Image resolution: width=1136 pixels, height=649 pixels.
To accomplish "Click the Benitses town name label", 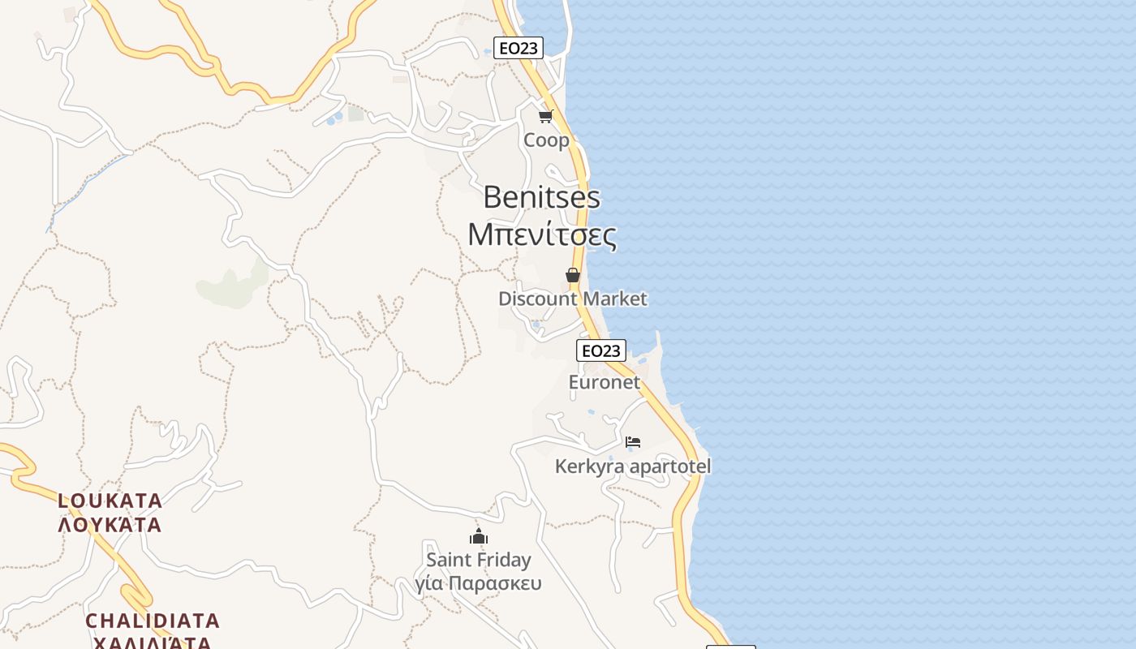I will pos(541,197).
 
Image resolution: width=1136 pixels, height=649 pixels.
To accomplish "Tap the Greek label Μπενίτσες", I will pos(541,234).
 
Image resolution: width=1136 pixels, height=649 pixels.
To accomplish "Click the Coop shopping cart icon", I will pos(546,116).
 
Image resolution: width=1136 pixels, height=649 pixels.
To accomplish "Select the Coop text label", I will pos(546,140).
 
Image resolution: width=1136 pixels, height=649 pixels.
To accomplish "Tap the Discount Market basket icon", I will pos(573,275).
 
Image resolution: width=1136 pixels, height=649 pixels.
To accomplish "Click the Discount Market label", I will pos(572,299).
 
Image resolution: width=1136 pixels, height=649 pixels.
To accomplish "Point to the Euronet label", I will pos(605,382).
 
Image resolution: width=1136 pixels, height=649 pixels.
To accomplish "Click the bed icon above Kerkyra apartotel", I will pos(633,442).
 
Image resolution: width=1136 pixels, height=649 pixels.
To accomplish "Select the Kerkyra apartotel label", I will pos(632,466).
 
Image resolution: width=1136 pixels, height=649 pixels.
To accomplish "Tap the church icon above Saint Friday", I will pos(479,535).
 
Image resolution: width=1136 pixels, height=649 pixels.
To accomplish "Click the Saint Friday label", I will pos(479,560).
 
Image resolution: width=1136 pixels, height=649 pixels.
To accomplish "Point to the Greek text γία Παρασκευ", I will pos(478,583).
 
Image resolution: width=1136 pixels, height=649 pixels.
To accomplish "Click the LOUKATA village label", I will pos(110,501).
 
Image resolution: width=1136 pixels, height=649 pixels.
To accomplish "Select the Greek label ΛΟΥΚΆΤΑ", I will pos(110,525).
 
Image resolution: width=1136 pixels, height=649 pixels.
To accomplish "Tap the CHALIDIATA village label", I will pos(153,621).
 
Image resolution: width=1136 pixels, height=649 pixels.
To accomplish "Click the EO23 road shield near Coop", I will pos(519,48).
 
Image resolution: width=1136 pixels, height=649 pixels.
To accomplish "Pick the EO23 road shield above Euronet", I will pos(601,350).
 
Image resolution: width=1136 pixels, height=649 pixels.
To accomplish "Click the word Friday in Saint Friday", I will pos(503,560).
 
